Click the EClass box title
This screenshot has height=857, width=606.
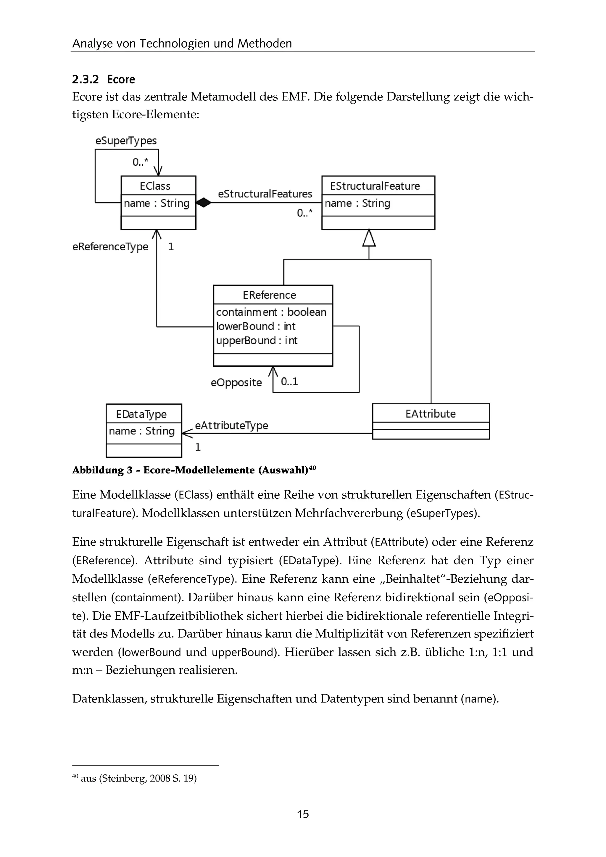[x=155, y=186]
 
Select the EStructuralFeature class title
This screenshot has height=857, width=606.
[x=375, y=186]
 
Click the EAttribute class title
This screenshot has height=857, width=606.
[x=430, y=414]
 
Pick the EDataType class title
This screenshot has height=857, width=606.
[x=141, y=414]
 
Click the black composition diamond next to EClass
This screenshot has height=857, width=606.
[x=203, y=203]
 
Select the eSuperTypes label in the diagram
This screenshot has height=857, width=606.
[x=126, y=141]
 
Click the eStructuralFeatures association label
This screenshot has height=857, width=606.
[x=265, y=194]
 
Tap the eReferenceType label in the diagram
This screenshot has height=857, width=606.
[x=110, y=247]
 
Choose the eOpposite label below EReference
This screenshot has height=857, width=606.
[x=236, y=383]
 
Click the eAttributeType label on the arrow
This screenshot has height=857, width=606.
[x=231, y=426]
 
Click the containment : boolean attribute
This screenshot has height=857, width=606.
[x=271, y=312]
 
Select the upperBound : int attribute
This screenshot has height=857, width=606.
[x=257, y=340]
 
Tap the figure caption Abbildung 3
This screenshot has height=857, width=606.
[x=194, y=470]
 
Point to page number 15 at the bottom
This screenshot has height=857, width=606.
[x=303, y=814]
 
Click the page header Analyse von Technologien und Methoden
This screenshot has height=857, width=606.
[x=182, y=44]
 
